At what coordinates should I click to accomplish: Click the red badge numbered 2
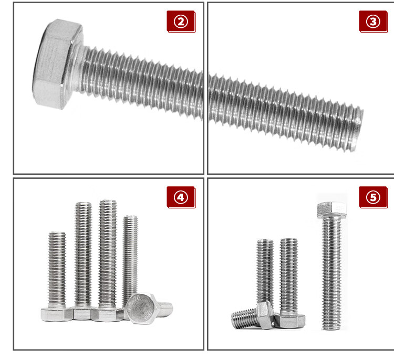tap(181, 22)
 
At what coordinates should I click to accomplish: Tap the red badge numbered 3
tap(373, 22)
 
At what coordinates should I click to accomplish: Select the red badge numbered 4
tap(181, 197)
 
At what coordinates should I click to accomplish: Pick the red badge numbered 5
tap(373, 197)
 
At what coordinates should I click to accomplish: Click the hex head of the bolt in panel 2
tap(57, 64)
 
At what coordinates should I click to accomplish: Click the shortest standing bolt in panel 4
tap(57, 277)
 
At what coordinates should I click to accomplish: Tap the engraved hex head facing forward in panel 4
tap(141, 308)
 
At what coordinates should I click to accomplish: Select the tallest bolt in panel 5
tap(331, 266)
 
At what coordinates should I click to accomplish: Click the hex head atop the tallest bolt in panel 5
tap(331, 210)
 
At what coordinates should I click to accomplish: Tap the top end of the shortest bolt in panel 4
tap(57, 234)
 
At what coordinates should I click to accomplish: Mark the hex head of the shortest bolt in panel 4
tap(57, 314)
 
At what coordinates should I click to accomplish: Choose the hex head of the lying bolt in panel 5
tap(265, 315)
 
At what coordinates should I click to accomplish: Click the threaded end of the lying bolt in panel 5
tap(234, 320)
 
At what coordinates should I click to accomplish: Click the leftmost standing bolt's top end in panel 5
tap(265, 241)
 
